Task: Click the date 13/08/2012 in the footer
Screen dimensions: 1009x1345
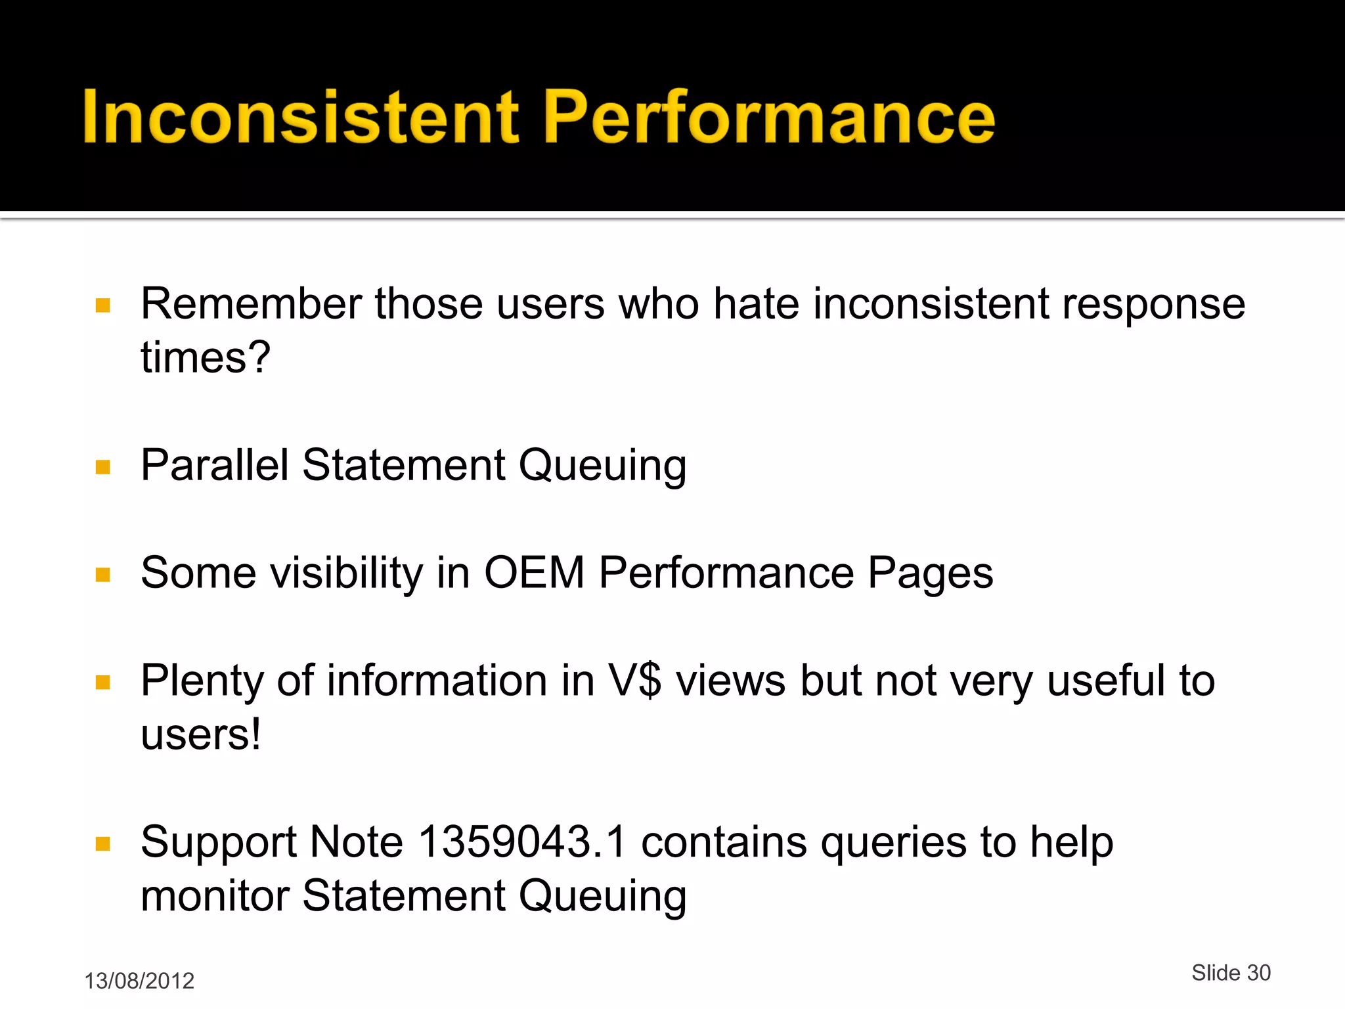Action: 139,981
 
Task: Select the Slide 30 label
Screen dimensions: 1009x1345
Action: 1231,972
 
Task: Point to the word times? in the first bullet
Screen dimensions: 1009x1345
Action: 206,358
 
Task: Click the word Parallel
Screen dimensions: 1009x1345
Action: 215,465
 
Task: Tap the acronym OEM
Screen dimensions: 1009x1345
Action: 534,573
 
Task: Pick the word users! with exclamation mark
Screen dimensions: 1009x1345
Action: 201,734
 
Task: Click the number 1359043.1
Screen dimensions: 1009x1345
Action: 522,842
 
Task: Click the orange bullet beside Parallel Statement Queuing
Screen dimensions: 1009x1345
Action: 103,467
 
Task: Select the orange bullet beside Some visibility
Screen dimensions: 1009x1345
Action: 103,575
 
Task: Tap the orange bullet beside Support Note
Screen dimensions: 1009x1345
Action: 103,843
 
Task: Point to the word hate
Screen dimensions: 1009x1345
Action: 756,304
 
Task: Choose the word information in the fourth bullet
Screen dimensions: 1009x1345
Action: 437,681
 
